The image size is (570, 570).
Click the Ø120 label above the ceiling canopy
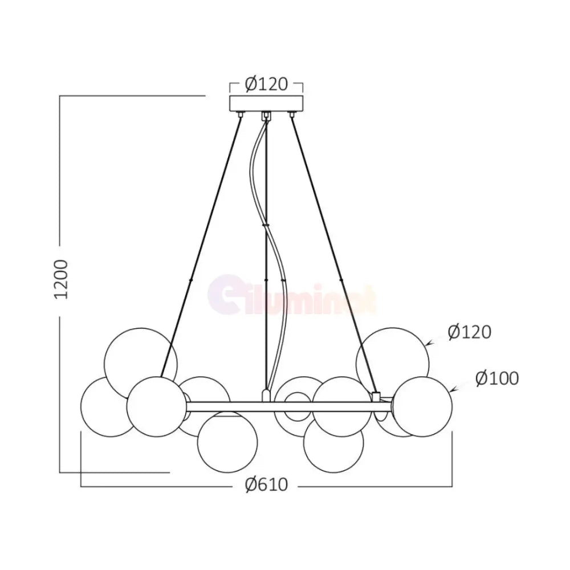click(x=266, y=84)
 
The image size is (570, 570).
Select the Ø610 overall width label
click(x=266, y=484)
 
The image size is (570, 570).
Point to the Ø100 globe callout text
click(x=497, y=378)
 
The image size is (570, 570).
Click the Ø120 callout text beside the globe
click(x=470, y=332)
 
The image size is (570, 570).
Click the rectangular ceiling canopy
click(x=266, y=104)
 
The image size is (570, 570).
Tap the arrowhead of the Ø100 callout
click(x=452, y=390)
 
